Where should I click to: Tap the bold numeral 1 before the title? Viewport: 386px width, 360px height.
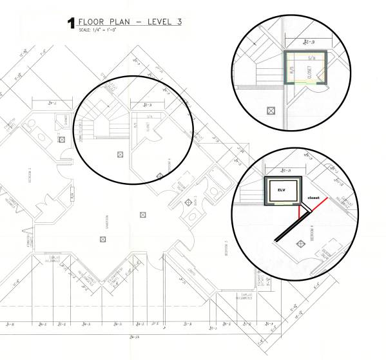[70, 24]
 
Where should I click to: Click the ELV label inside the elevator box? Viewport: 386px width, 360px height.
[281, 190]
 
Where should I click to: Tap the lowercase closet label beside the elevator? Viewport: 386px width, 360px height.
[313, 198]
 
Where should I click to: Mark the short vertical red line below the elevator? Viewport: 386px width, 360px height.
[300, 214]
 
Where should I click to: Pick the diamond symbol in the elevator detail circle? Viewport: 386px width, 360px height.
[300, 243]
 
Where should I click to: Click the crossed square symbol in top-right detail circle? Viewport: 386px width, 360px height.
[271, 111]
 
